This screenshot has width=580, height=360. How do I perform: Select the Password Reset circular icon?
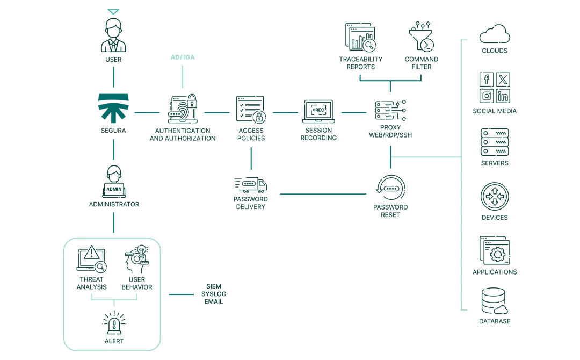[x=390, y=187]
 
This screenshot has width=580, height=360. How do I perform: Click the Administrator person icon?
[x=113, y=182]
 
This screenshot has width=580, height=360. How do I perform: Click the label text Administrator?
[x=113, y=206]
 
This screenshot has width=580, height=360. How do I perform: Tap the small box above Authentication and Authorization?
[x=183, y=57]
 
